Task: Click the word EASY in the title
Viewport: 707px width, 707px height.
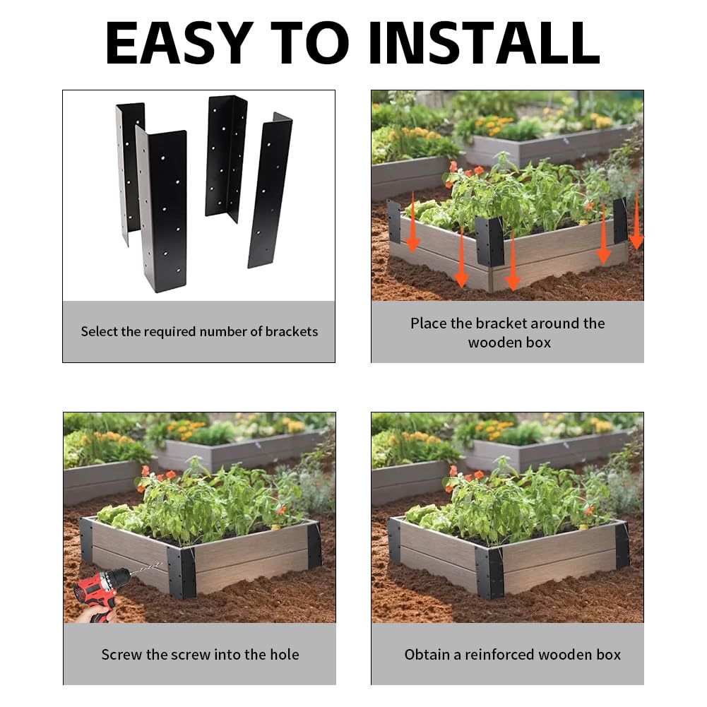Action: [x=179, y=43]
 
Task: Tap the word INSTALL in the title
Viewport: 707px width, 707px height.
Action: [x=484, y=43]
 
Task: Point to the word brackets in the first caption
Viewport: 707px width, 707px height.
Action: [x=291, y=332]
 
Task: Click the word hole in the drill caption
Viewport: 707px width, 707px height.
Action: [x=284, y=654]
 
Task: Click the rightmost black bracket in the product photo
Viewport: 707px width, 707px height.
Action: [x=270, y=190]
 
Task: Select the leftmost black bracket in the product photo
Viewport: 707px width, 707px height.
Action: [x=129, y=172]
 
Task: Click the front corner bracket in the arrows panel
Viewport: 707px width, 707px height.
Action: [x=489, y=242]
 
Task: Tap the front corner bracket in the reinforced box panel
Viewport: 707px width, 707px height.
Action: [x=489, y=573]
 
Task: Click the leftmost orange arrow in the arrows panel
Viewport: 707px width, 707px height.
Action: [x=413, y=222]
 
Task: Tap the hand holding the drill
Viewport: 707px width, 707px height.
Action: [x=95, y=613]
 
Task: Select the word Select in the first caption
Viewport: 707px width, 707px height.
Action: [x=99, y=332]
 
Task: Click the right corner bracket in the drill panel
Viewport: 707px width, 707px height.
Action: [x=314, y=545]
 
